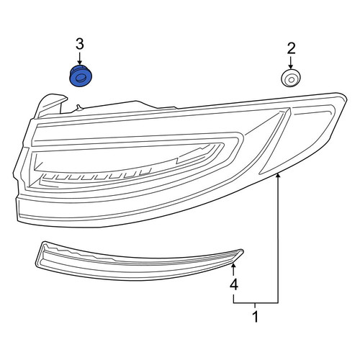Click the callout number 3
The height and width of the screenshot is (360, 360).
pyautogui.click(x=80, y=45)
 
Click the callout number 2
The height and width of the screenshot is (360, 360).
pyautogui.click(x=291, y=49)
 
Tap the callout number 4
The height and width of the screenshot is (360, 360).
pyautogui.click(x=234, y=284)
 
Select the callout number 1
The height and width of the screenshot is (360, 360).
pyautogui.click(x=256, y=317)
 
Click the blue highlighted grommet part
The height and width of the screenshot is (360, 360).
pyautogui.click(x=81, y=76)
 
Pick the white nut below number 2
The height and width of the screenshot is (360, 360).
pyautogui.click(x=291, y=78)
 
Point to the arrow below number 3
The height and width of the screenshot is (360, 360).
pyautogui.click(x=80, y=58)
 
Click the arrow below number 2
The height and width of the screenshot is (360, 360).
pyautogui.click(x=291, y=63)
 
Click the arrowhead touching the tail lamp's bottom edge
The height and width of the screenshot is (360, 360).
pyautogui.click(x=278, y=176)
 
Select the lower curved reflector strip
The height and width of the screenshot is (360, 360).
pyautogui.click(x=139, y=262)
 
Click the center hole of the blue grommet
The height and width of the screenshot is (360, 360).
pyautogui.click(x=80, y=78)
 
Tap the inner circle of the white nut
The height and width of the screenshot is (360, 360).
pyautogui.click(x=291, y=79)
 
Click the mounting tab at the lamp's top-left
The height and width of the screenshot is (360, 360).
pyautogui.click(x=49, y=107)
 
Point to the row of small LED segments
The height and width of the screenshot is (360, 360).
pyautogui.click(x=96, y=176)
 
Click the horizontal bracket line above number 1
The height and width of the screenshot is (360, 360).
pyautogui.click(x=256, y=303)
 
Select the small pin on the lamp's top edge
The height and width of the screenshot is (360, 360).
pyautogui.click(x=78, y=108)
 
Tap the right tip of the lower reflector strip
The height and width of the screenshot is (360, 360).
pyautogui.click(x=243, y=251)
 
